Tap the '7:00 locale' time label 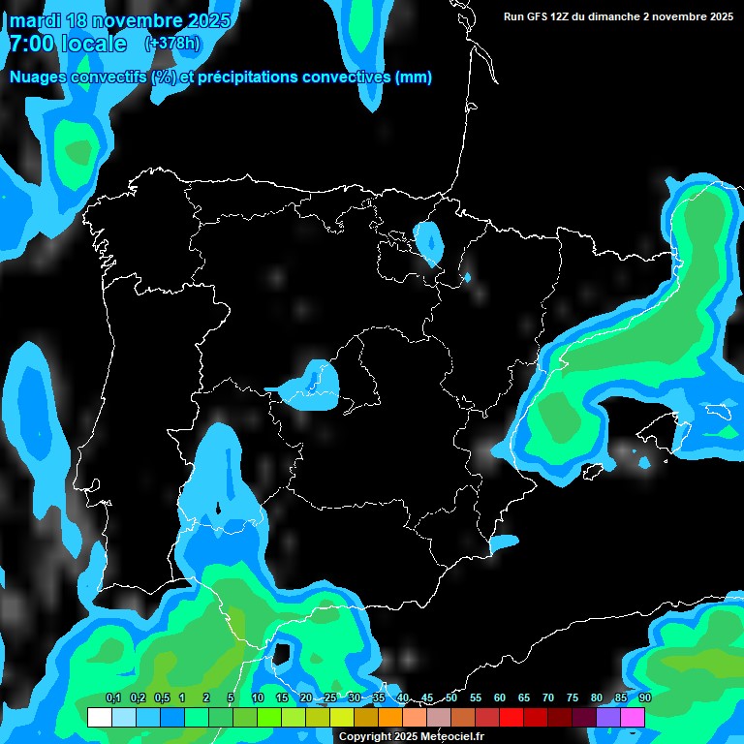click(68, 45)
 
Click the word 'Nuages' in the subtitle click(39, 77)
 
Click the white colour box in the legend click(99, 717)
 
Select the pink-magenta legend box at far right click(633, 717)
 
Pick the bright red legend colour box click(511, 717)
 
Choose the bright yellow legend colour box click(342, 717)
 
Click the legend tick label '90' click(645, 697)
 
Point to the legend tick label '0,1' click(112, 697)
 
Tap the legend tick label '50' click(451, 697)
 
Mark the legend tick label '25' click(330, 697)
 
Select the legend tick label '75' click(573, 697)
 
